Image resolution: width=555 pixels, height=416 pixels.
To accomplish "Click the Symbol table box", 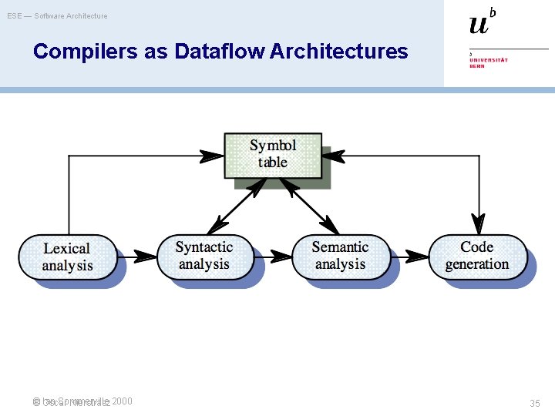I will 273,154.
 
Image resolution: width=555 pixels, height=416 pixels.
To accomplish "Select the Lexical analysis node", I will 68,257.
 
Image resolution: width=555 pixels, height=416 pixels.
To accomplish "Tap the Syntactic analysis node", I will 205,256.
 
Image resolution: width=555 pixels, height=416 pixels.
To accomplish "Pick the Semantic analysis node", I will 340,256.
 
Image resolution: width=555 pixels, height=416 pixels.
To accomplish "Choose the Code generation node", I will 477,256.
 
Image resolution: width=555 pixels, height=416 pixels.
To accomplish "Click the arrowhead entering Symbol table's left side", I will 212,156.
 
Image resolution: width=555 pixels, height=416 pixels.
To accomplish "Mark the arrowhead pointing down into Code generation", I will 479,224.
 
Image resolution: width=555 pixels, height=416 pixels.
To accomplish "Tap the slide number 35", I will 535,403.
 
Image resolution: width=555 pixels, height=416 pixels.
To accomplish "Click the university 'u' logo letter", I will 479,25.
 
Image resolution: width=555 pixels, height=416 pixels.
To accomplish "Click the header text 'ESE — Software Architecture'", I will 58,15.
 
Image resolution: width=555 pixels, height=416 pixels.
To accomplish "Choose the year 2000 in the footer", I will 122,401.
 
